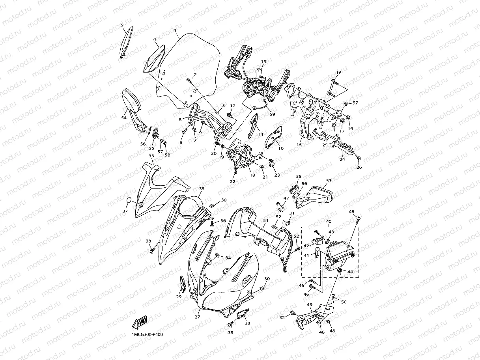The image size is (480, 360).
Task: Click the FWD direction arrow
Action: point(140,323)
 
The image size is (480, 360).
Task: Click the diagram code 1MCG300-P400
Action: point(147,335)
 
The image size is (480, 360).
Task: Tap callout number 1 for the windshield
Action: point(175,30)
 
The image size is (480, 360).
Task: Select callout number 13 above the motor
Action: point(263,62)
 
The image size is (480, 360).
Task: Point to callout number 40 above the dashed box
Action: point(329,222)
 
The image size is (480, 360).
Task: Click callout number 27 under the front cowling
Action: point(197,317)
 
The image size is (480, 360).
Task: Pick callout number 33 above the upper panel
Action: point(151,156)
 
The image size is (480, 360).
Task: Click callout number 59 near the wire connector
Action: point(272,114)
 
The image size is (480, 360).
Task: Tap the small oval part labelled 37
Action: point(129,200)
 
